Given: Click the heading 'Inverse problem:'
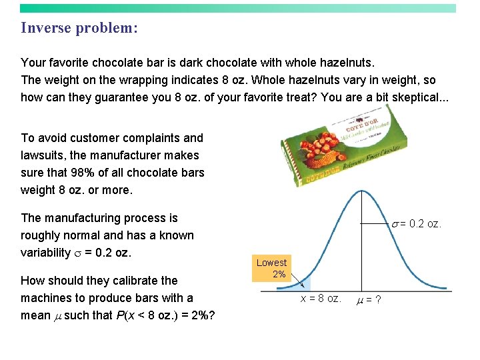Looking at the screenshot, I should (79, 28).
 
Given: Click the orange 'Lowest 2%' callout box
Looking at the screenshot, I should (271, 268).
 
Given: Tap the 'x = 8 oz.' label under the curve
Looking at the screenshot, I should (321, 299).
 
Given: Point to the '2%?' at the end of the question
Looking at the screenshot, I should (201, 315).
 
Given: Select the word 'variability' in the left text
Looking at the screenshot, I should (45, 253).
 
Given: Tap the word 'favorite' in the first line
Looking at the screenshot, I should (69, 63).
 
